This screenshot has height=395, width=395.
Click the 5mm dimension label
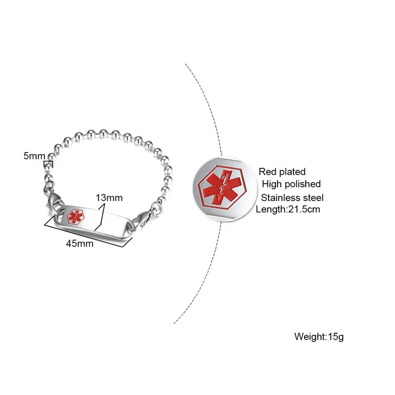pyautogui.click(x=34, y=156)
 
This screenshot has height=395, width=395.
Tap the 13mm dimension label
pyautogui.click(x=109, y=197)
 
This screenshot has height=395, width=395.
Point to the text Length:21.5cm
pyautogui.click(x=288, y=209)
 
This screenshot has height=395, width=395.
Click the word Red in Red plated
pyautogui.click(x=269, y=172)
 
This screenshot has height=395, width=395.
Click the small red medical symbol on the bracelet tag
pyautogui.click(x=75, y=218)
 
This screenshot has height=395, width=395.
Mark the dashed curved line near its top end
pyautogui.click(x=187, y=67)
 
